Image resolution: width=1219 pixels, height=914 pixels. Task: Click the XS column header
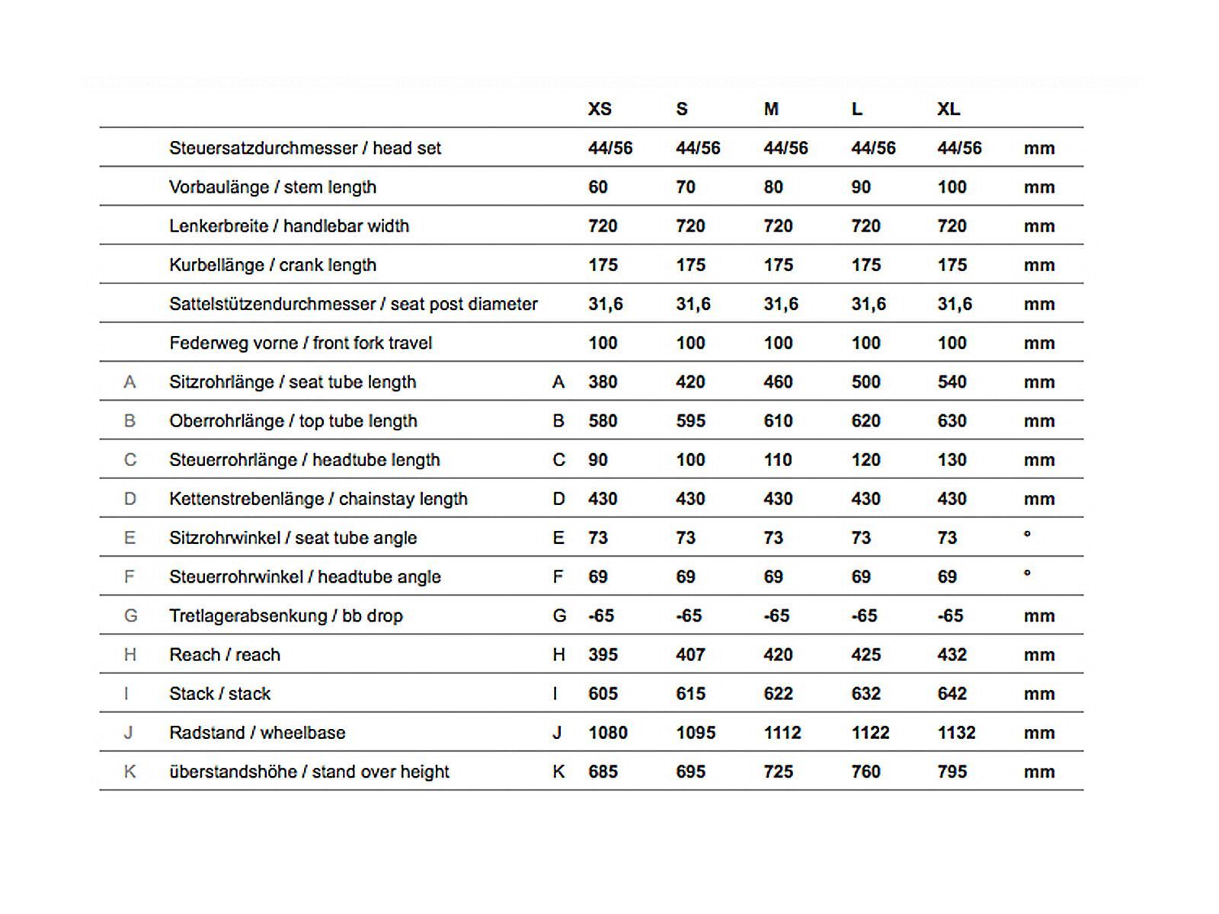pos(600,109)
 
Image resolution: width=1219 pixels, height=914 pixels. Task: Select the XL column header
pos(949,109)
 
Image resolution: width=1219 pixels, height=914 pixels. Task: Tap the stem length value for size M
pos(773,187)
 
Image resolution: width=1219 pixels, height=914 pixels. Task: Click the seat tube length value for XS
pos(603,382)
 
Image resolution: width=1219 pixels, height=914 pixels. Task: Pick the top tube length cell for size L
pos(865,421)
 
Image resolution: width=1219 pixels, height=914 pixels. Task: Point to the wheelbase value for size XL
pos(956,733)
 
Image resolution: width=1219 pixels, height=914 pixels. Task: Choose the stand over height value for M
pos(778,772)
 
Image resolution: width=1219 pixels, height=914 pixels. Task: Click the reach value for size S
pos(690,655)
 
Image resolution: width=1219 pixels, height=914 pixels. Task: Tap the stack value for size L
pos(865,694)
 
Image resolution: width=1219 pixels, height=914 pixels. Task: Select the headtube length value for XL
pos(952,460)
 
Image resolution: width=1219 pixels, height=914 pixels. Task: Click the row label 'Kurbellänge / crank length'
pos(273,265)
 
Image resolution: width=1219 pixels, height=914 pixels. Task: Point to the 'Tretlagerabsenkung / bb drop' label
pos(286,616)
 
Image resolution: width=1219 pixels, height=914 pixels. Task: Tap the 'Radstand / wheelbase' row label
pos(257,733)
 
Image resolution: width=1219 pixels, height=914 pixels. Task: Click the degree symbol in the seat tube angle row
pos(1027,535)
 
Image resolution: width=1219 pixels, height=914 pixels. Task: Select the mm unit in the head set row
pos(1039,149)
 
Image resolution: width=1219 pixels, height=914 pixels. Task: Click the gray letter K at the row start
pos(130,772)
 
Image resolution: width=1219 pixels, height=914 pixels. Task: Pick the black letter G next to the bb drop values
pos(559,616)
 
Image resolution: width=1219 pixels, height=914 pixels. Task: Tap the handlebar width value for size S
pos(690,226)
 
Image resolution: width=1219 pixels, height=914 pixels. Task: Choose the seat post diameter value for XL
pos(955,305)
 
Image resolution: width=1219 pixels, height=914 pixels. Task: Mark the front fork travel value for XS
pos(603,344)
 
